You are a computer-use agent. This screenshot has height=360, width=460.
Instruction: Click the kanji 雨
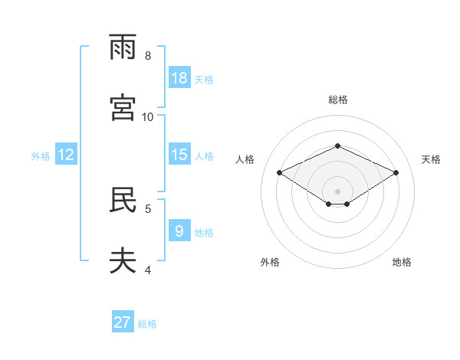123,47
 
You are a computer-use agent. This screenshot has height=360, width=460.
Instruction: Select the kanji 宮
123,107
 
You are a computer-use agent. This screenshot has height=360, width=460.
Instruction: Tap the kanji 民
123,199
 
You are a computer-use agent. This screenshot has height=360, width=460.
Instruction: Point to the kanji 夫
123,260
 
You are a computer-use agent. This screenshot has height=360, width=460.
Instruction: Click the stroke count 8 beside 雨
148,56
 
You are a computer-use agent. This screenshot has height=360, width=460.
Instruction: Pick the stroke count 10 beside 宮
147,117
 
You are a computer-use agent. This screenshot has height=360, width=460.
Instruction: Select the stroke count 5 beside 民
148,209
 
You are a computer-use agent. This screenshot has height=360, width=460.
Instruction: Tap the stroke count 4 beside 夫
148,270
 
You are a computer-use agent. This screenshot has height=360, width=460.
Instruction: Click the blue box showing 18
179,77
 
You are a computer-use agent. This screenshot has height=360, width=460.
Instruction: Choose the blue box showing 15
179,154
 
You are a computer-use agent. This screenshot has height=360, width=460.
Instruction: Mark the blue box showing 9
179,230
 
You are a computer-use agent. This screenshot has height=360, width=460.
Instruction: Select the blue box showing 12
66,154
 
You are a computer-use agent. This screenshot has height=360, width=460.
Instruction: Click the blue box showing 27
123,321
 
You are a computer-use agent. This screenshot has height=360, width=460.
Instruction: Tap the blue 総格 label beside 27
147,324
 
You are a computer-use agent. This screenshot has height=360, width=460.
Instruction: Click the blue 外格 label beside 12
41,156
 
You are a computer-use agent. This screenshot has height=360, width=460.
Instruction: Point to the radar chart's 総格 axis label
338,100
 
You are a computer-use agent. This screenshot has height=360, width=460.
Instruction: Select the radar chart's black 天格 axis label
431,159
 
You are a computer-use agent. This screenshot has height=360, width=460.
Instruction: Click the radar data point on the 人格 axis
280,172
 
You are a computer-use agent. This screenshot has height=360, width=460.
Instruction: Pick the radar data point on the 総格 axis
337,146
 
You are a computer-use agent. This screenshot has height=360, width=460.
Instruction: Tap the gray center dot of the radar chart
337,191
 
